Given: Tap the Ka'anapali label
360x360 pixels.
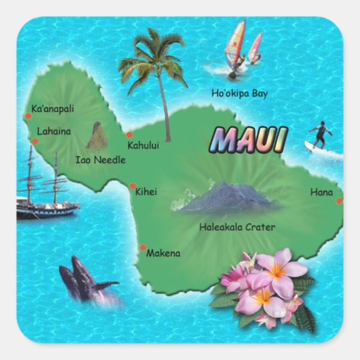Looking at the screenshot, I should tap(53, 109).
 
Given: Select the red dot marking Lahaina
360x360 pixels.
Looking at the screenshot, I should tap(35, 141).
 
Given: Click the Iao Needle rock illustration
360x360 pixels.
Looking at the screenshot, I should tap(97, 137).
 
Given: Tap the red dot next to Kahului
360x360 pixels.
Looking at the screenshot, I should tap(129, 134).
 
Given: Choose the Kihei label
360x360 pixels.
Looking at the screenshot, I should tap(146, 192).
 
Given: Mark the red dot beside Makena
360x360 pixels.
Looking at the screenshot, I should tap(143, 247).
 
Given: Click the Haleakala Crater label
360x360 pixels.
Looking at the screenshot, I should tap(237, 228).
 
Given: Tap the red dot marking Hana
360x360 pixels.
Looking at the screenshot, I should tap(339, 200).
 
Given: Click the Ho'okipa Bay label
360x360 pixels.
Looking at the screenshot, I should tap(238, 93).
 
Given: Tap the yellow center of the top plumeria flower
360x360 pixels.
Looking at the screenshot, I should tap(278, 272).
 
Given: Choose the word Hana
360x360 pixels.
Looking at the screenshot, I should tap(321, 192).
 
